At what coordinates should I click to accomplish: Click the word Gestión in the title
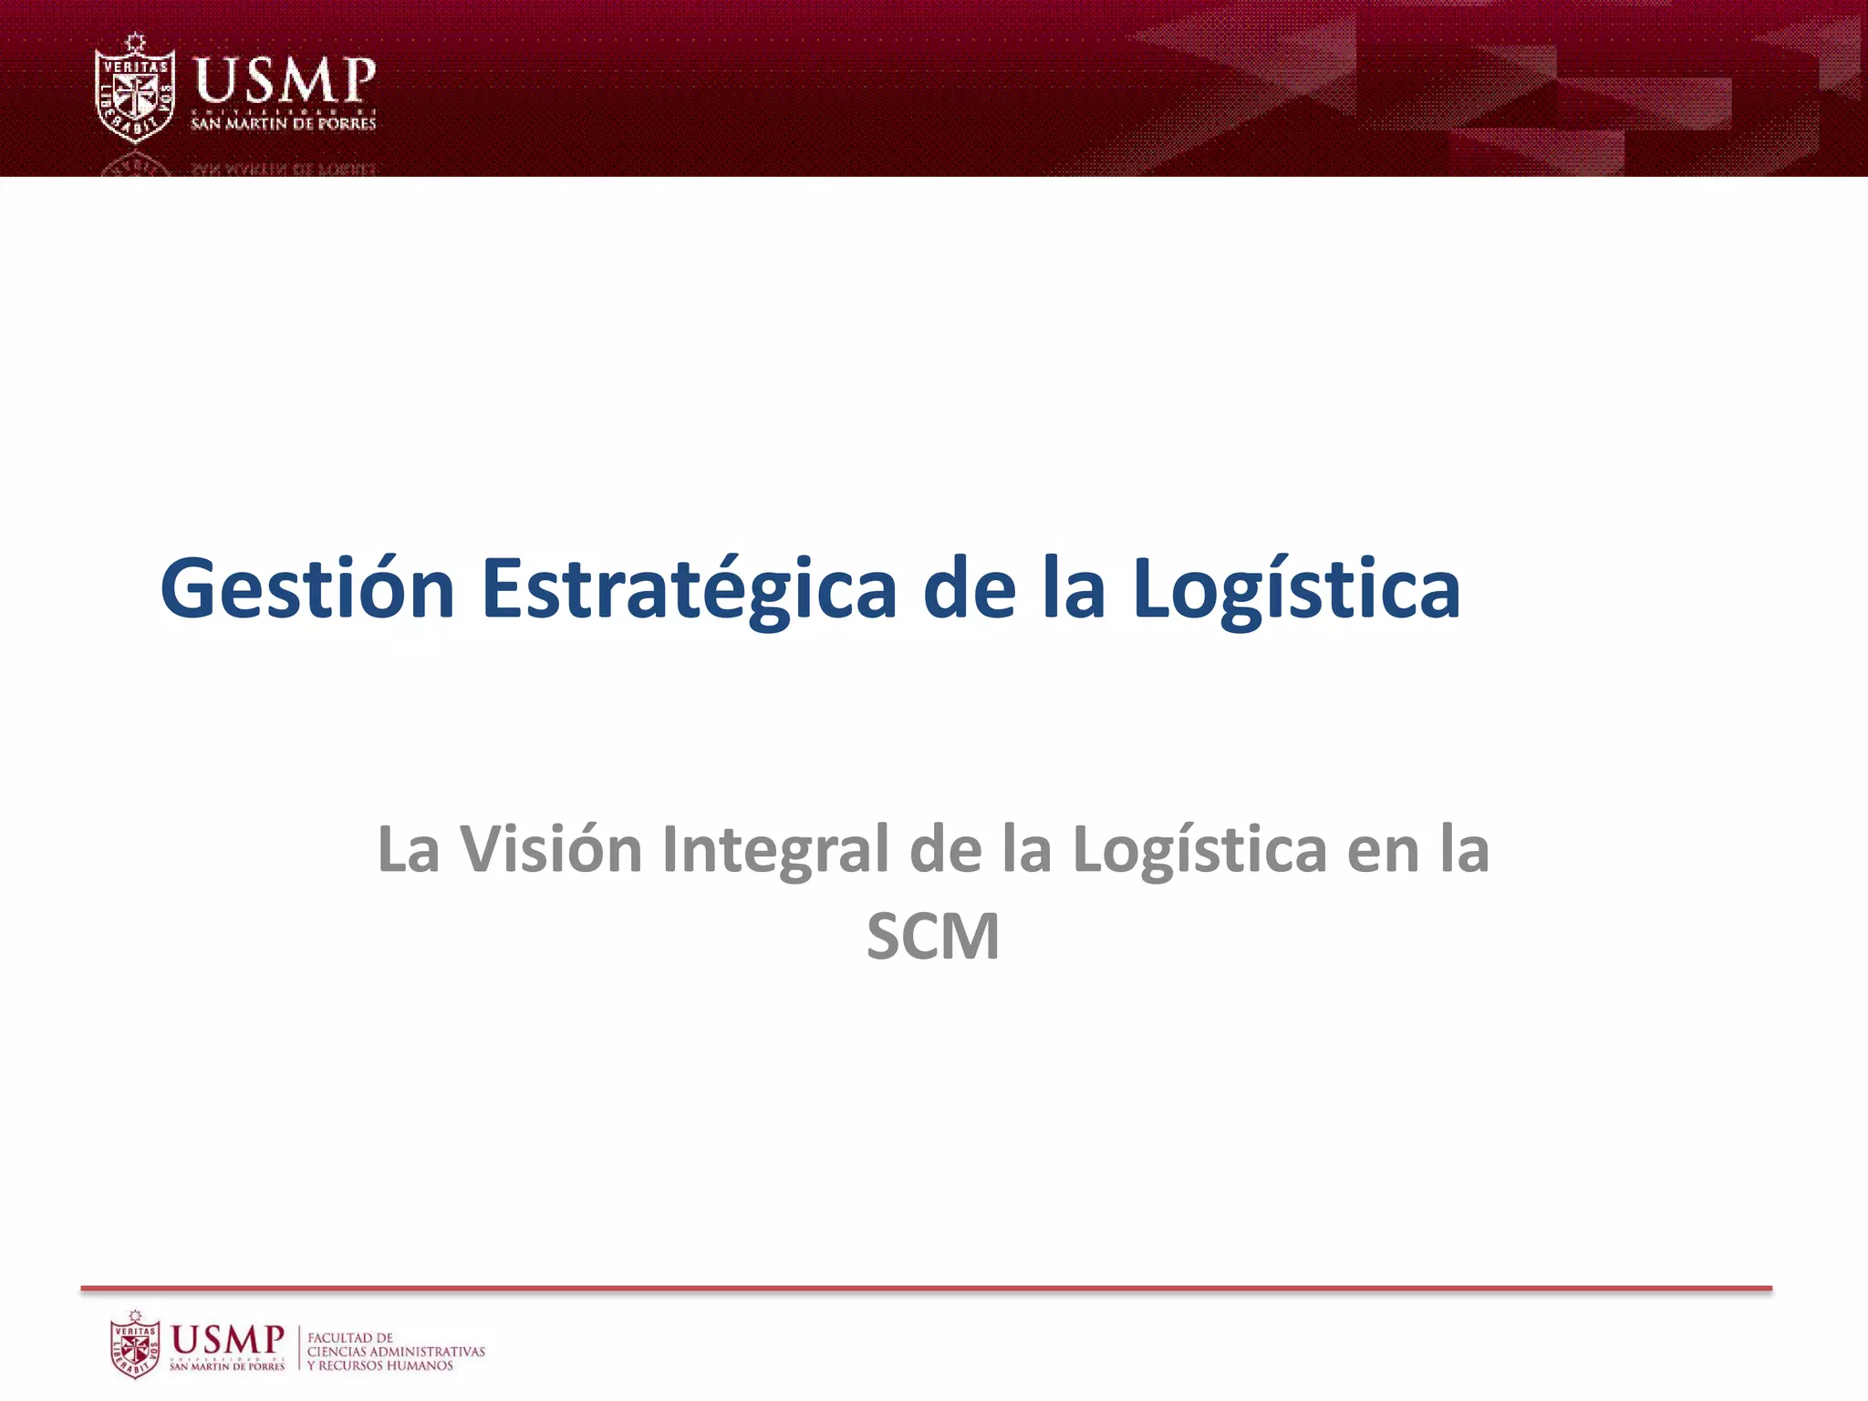[307, 589]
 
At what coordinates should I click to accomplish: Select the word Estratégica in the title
[689, 591]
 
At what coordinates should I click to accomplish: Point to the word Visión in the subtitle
[551, 849]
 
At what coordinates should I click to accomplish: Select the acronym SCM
[932, 937]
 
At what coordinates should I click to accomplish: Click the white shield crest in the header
[135, 89]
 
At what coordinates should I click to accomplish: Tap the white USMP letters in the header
[284, 80]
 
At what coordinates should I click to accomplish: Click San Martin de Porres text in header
[283, 123]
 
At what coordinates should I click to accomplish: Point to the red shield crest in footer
[135, 1344]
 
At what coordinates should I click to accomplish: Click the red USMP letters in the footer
[228, 1339]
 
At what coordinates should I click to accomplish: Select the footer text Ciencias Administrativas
[396, 1352]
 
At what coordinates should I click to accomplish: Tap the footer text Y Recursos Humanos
[379, 1365]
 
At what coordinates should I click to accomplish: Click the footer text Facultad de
[350, 1338]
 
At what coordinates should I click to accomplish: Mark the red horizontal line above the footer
[926, 1289]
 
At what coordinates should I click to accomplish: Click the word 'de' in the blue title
[969, 591]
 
